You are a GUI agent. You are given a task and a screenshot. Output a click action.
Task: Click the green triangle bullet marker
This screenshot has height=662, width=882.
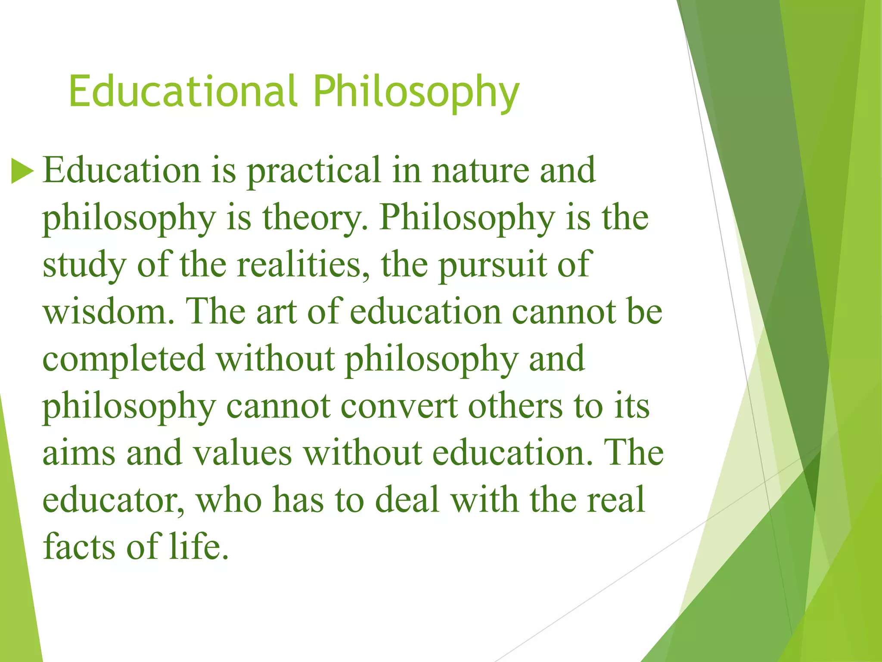pos(22,171)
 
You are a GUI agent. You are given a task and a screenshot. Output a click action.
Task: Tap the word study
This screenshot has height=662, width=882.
pos(84,265)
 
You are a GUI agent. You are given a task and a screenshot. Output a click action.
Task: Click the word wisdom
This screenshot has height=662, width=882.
pos(109,312)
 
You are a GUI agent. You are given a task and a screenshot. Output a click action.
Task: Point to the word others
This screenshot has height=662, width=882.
pos(515,406)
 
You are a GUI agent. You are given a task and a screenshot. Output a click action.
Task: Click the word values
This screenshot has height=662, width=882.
pos(242,453)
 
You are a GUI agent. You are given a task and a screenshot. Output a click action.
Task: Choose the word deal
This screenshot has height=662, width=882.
pos(407,500)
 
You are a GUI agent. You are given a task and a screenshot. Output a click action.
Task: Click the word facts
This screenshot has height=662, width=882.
pos(80,546)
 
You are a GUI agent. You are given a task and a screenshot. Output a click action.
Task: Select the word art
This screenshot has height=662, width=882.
pos(276,312)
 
